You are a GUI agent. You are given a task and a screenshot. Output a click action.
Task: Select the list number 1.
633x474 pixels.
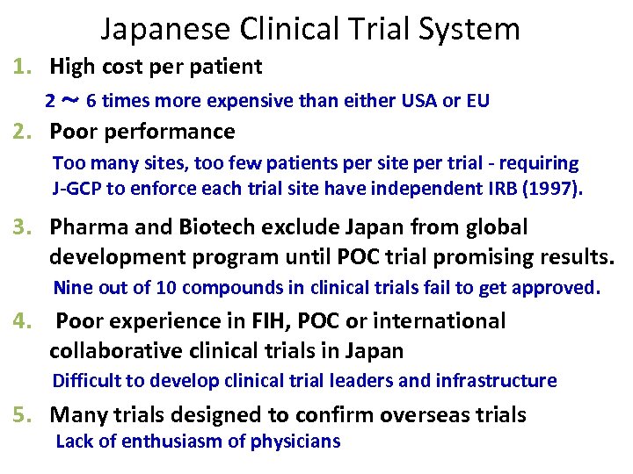[20, 66]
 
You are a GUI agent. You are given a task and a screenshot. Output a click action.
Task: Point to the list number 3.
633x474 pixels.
[20, 227]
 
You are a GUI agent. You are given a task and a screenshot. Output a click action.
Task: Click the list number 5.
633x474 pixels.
[20, 414]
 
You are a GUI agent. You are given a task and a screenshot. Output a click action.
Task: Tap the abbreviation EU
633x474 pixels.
[478, 101]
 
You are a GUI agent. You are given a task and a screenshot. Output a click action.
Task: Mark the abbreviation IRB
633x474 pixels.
[488, 188]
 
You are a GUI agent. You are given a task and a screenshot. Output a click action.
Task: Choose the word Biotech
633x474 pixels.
[214, 227]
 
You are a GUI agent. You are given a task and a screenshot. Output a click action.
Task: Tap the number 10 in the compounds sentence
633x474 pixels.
[144, 287]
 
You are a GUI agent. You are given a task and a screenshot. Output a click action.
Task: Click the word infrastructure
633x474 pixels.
[497, 380]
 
